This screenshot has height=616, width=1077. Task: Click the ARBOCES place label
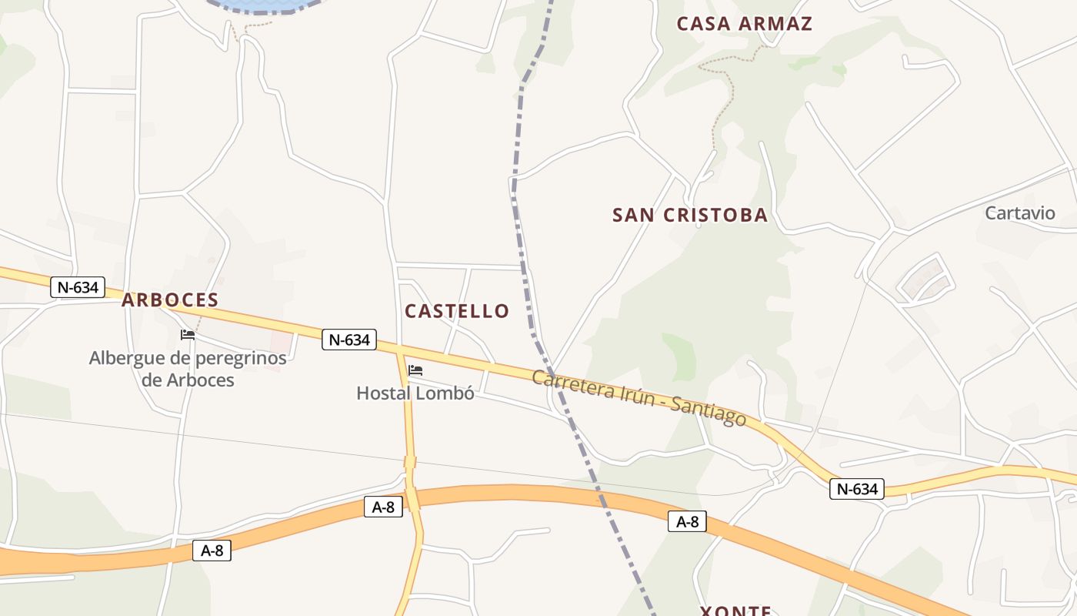pos(170,300)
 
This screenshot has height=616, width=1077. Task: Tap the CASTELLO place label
pos(457,311)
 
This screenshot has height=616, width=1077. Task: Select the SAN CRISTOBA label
pos(690,216)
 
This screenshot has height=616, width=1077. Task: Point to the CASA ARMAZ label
pos(744,24)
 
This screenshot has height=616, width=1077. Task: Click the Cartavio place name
pos(1020,213)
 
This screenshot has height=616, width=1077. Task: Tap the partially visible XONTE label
pos(735,611)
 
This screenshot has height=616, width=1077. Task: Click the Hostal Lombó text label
pos(415,393)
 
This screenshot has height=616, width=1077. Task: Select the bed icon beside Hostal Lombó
pos(415,370)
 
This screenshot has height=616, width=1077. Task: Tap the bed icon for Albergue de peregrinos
pos(188,334)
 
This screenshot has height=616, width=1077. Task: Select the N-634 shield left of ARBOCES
pos(78,288)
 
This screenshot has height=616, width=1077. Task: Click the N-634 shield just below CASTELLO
pos(349,340)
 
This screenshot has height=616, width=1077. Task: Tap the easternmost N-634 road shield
pos(857,489)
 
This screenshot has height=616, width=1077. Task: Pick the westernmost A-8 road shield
pos(212,551)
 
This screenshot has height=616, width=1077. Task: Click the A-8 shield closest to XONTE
pos(687,522)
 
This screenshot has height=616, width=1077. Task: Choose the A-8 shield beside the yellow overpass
pos(383,507)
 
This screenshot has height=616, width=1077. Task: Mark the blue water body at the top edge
pos(262,5)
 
